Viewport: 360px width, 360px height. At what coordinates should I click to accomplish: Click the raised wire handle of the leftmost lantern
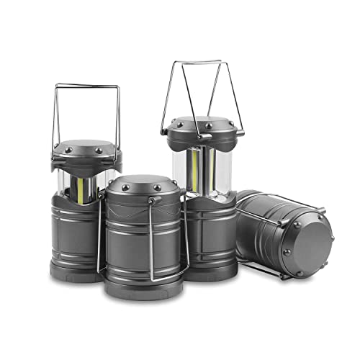87,86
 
